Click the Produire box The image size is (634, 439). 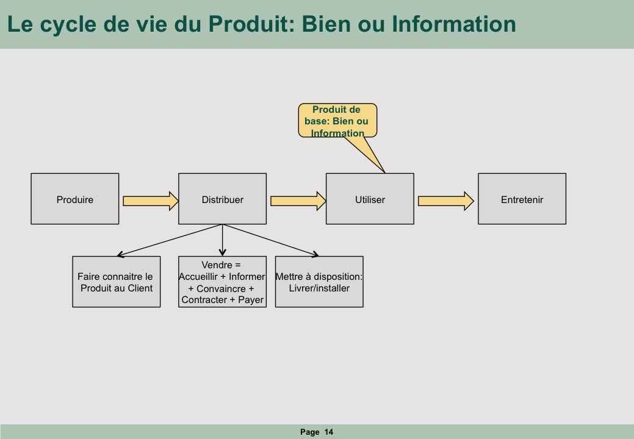point(75,199)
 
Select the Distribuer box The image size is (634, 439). point(222,199)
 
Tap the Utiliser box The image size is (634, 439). point(370,199)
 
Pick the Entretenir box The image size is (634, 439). point(522,199)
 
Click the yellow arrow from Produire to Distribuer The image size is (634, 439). point(151,201)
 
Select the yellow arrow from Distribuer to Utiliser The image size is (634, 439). point(298,201)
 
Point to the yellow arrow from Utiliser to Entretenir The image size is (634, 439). point(446,201)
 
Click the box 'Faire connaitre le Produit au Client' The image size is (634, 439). point(117,282)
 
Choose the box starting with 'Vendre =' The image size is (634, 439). point(222,282)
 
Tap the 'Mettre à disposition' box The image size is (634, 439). point(319,282)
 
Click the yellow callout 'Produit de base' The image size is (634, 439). point(337,121)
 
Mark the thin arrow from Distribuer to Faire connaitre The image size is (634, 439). point(170,240)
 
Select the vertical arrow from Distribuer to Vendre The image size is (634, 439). point(222,240)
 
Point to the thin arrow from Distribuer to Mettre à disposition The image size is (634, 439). point(271,240)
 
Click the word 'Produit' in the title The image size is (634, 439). point(252,24)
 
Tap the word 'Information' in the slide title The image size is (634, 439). point(453,24)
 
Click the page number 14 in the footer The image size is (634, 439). point(329,432)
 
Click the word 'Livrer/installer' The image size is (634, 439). point(319,288)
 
